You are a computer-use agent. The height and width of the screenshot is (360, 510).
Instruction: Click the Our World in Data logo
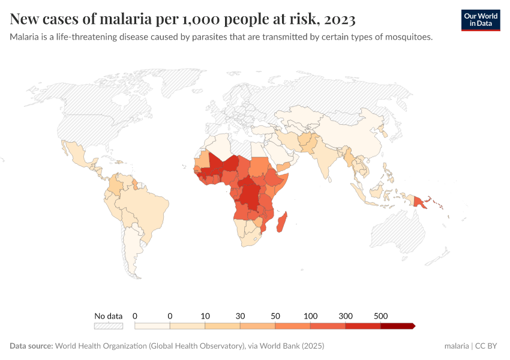(480, 20)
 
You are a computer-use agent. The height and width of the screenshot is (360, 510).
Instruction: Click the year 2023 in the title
(339, 20)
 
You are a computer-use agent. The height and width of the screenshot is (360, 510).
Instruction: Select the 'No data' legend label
(108, 316)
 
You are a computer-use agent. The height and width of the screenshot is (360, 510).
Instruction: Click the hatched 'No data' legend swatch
(108, 326)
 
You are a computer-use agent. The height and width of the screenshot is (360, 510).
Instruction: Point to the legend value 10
(205, 316)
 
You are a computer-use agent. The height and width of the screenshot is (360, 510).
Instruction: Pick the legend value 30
(240, 316)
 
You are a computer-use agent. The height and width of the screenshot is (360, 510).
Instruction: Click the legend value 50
(275, 316)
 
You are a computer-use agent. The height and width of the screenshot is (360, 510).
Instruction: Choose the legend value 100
(310, 316)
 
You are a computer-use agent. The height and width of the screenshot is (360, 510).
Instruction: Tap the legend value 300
(346, 316)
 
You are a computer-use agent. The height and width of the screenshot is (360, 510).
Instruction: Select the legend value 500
(380, 316)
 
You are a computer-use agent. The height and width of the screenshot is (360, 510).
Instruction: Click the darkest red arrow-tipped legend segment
(397, 326)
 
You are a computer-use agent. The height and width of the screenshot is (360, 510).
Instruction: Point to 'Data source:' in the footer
(31, 346)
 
